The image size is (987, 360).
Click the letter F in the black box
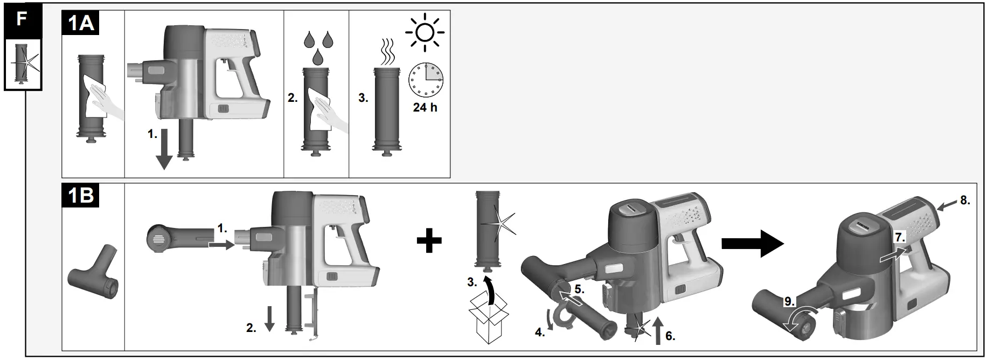(22, 20)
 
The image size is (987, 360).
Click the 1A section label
(80, 24)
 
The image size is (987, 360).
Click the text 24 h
(425, 107)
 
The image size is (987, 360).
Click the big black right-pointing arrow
(752, 244)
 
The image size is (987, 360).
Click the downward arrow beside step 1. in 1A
(164, 153)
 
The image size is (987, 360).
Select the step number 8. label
(964, 200)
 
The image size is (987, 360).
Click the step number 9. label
(789, 302)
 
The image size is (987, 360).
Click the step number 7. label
(900, 237)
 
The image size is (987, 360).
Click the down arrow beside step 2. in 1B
(269, 320)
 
